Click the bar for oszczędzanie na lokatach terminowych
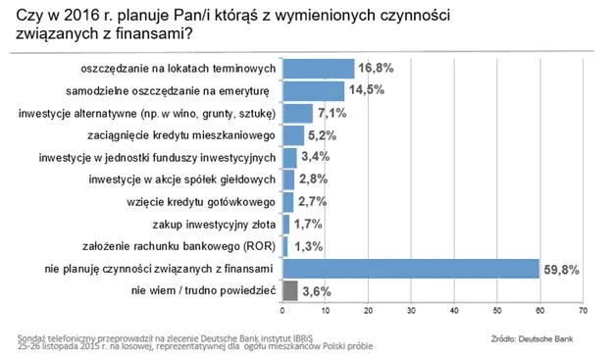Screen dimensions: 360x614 [x=318, y=68]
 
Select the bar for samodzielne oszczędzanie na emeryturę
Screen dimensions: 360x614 [x=313, y=90]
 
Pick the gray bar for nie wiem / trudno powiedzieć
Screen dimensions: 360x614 [x=289, y=290]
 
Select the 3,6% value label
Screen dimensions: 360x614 [x=316, y=291]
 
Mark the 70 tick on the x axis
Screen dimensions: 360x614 [x=583, y=312]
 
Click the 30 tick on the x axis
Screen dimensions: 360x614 [x=410, y=312]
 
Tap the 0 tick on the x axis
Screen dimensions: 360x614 [x=282, y=312]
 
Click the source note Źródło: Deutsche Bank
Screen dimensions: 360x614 [x=535, y=337]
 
